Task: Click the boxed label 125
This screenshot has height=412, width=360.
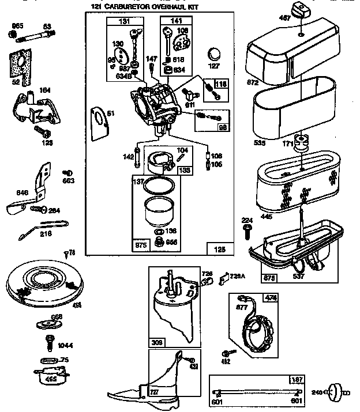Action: (220, 248)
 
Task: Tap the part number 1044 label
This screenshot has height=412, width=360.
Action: (65, 346)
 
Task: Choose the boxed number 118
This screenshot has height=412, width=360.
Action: (222, 84)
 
